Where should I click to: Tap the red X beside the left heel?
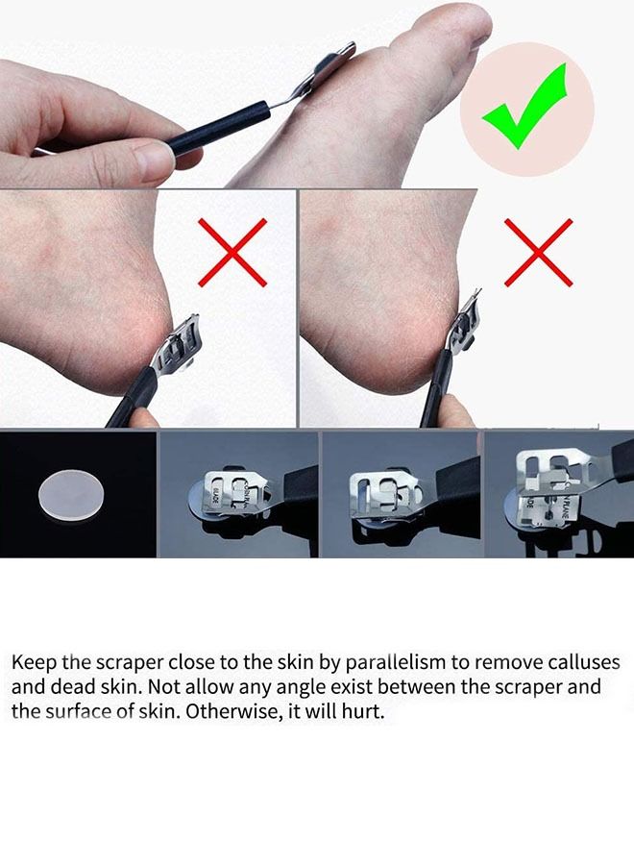232,252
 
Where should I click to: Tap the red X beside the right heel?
539,252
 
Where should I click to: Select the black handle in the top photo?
218,132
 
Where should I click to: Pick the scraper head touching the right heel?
463,326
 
